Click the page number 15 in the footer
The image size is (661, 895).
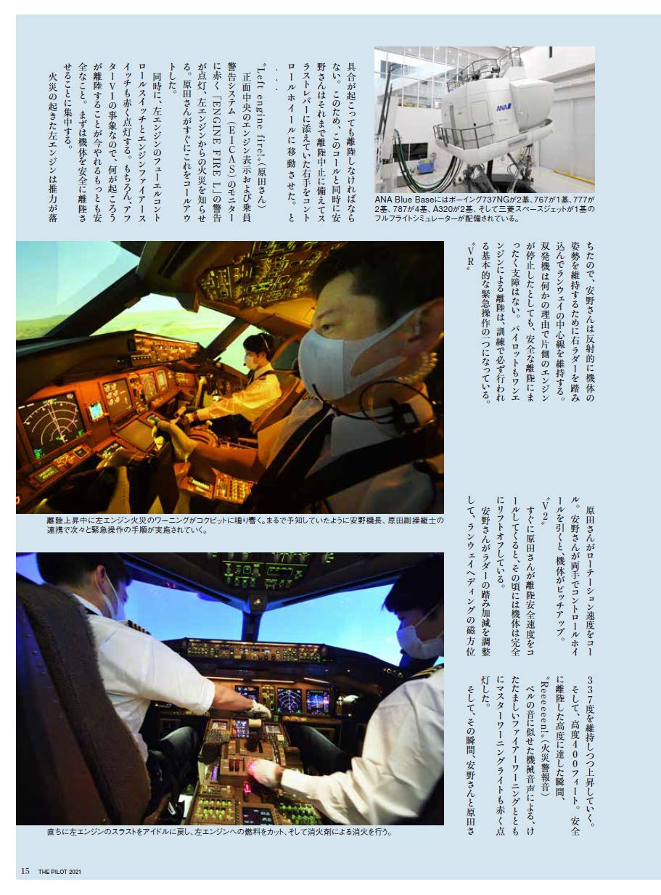(25, 870)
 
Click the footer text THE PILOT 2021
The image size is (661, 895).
(60, 871)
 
